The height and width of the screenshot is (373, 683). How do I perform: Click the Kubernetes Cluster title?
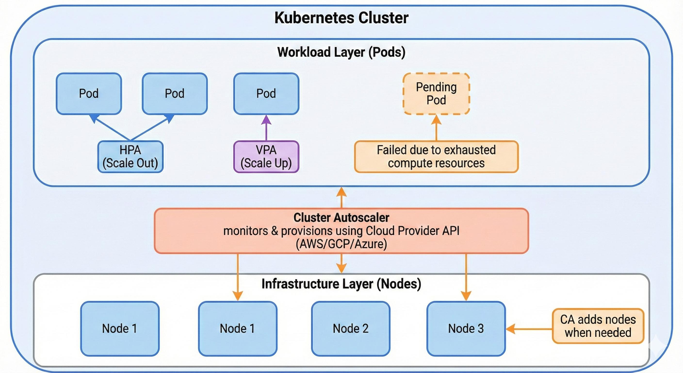coord(341,18)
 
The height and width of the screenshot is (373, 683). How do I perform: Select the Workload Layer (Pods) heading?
coord(341,52)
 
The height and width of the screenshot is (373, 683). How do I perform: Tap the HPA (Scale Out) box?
coord(130,157)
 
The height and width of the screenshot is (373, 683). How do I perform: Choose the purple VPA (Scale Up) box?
coord(266,157)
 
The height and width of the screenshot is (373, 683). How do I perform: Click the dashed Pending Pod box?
coord(436,94)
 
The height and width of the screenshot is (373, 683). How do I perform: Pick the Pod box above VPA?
coord(266,94)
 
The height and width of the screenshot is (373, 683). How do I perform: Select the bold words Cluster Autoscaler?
coord(341,218)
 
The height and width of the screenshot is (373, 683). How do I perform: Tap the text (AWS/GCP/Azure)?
coord(341,244)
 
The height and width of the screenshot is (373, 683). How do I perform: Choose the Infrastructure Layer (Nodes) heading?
coord(341,284)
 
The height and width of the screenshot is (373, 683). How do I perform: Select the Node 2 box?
coord(350,329)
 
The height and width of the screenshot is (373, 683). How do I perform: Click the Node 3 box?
coord(466,329)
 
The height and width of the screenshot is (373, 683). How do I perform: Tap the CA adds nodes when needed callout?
coord(598,326)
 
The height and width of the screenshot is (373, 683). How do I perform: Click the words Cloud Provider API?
coord(412,231)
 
